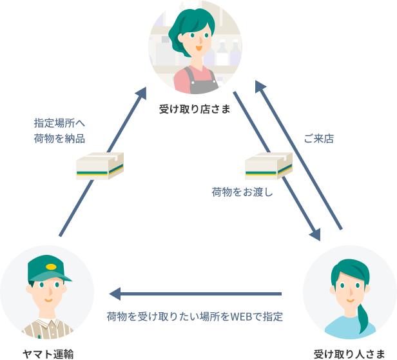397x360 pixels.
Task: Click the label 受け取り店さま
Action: [x=195, y=110]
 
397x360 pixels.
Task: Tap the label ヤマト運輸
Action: [x=48, y=353]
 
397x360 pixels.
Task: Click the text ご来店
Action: [x=318, y=139]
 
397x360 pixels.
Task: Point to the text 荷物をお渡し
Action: [x=242, y=192]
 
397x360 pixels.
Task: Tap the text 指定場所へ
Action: [x=59, y=122]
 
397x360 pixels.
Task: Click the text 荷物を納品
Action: [x=59, y=138]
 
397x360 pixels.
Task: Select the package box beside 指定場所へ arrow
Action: [x=99, y=166]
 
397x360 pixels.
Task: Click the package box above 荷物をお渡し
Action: [x=268, y=166]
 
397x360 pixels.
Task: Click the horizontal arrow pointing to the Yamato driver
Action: [x=193, y=294]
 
